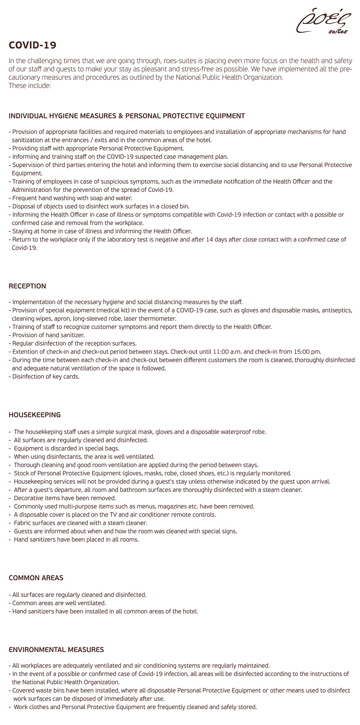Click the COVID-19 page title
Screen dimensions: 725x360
[32, 45]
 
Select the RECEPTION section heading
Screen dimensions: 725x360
[28, 286]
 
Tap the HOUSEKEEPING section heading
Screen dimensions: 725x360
[35, 415]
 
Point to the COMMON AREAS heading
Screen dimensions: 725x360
[36, 577]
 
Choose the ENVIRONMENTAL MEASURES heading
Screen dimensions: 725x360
[56, 649]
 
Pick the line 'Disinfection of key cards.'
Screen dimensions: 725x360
[46, 377]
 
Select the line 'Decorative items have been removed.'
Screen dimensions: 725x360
[65, 498]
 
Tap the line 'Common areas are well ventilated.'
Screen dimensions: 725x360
[59, 603]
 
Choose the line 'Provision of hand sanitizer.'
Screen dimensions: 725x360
[48, 335]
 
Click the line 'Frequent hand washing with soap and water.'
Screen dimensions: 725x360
[72, 198]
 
